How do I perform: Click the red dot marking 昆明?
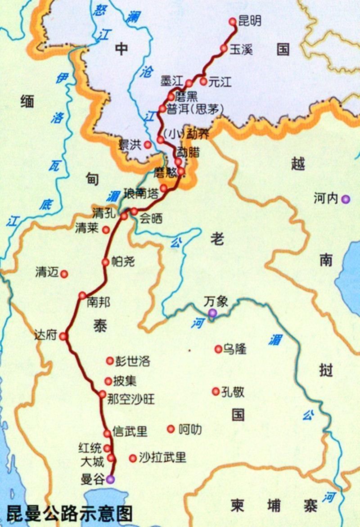click(233, 21)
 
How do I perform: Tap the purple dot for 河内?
click(345, 198)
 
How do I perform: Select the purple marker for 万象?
click(212, 313)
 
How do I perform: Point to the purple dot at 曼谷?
click(111, 479)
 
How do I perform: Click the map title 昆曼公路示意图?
click(70, 513)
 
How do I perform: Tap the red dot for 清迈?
click(64, 273)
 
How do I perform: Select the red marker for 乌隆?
click(218, 349)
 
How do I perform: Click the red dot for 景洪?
click(147, 144)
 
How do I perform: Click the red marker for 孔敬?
click(216, 392)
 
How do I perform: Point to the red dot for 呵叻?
click(171, 429)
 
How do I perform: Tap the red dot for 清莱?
click(106, 230)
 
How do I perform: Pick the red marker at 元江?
click(203, 81)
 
